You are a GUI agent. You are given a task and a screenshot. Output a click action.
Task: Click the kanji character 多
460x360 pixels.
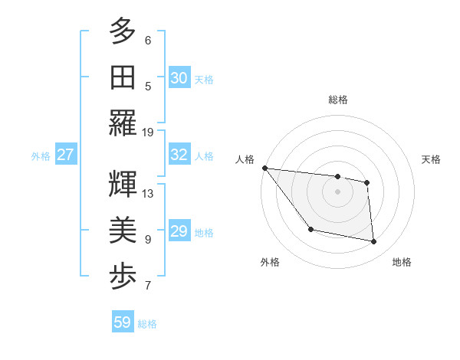123,31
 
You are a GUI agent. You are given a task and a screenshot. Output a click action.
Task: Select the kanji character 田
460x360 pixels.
123,77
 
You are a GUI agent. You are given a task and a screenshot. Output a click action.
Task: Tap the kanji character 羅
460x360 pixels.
123,123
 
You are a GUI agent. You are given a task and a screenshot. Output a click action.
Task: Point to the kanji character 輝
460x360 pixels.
123,185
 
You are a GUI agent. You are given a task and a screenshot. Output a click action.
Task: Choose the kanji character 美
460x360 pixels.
123,231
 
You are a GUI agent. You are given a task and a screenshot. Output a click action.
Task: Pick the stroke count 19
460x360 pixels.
148,132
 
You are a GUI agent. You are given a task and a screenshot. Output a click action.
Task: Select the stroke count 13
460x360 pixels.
148,193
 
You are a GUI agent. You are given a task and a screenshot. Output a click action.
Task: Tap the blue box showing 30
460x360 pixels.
179,77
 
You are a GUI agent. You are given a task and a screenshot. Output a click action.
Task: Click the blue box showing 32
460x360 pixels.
179,155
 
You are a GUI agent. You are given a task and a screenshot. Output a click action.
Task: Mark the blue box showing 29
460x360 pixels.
179,231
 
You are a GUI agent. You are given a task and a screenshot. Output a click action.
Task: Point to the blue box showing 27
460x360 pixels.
66,155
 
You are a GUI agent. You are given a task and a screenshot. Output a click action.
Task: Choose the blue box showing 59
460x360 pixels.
123,322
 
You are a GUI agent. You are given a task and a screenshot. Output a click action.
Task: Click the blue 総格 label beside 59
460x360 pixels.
148,324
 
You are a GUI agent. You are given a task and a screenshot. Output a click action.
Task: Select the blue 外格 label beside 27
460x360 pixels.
41,156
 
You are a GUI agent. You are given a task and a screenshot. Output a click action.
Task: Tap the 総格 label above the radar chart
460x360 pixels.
337,100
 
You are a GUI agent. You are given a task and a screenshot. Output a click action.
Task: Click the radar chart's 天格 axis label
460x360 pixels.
432,159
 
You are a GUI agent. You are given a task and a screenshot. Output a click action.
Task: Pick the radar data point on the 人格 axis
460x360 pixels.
264,168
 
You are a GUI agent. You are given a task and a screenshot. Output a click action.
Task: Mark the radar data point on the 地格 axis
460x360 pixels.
374,242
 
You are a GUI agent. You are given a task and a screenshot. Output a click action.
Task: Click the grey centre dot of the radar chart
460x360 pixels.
337,191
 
